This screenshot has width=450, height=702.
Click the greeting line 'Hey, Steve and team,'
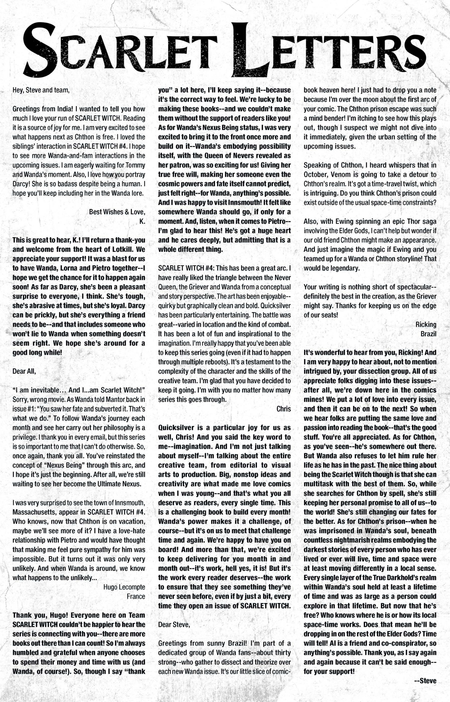tap(41, 90)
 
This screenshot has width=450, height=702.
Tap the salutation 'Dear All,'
tap(24, 371)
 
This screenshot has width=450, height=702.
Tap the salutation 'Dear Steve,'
tap(174, 625)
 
